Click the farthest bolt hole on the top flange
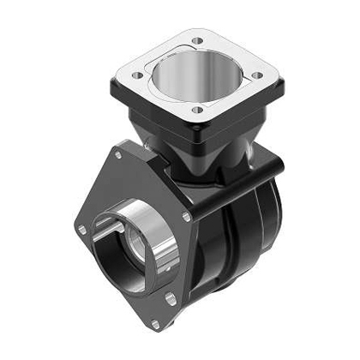(199, 40)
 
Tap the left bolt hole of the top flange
(137, 75)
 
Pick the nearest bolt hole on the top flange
(198, 109)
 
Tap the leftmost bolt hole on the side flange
(81, 229)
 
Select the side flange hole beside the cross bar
(186, 217)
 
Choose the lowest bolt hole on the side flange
(154, 323)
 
